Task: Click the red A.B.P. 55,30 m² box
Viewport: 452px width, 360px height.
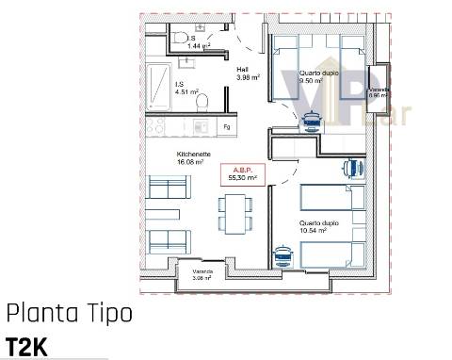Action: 242,172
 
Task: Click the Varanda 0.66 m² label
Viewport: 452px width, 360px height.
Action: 379,91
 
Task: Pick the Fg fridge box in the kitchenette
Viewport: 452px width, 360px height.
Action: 226,125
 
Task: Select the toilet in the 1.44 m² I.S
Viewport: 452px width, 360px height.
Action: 181,36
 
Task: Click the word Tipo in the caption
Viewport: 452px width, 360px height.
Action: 102,314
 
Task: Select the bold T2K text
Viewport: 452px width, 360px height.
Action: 26,346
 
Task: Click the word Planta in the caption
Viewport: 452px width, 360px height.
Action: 38,314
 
